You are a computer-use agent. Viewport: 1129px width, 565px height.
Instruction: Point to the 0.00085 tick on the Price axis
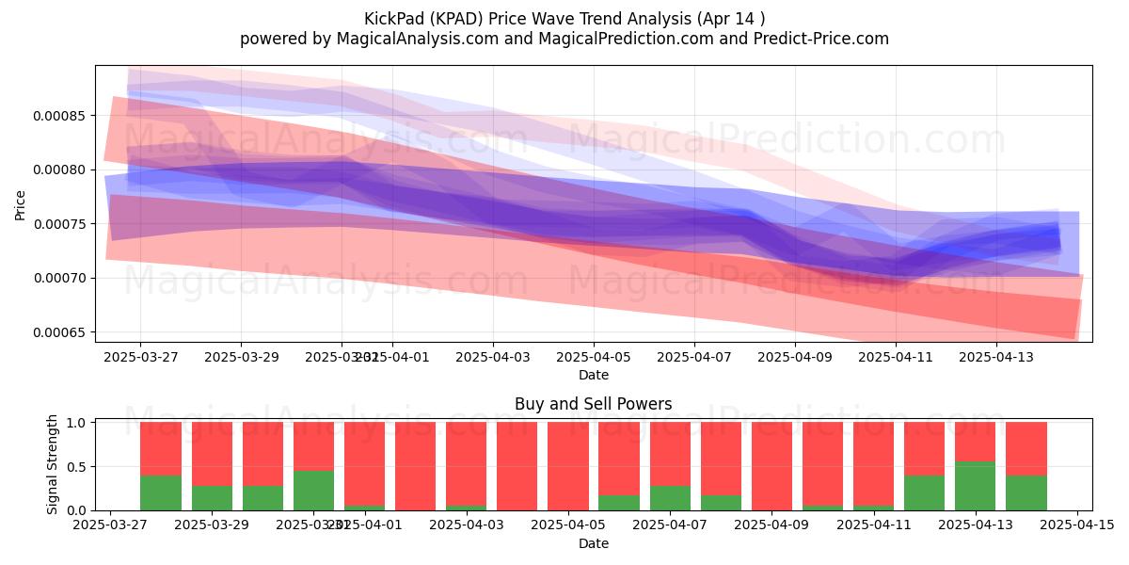pyautogui.click(x=58, y=116)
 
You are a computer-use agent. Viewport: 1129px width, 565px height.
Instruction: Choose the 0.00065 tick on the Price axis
pyautogui.click(x=58, y=332)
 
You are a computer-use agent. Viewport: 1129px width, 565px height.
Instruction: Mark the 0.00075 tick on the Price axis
pyautogui.click(x=58, y=224)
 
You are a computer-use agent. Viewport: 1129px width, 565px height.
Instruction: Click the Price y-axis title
pyautogui.click(x=21, y=203)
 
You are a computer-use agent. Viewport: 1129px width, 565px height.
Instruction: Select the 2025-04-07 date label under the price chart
pyautogui.click(x=693, y=358)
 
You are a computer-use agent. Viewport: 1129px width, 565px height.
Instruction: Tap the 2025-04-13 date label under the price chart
pyautogui.click(x=996, y=358)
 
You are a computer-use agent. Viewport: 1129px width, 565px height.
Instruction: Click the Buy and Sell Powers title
pyautogui.click(x=593, y=404)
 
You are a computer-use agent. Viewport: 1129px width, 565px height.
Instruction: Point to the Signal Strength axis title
pyautogui.click(x=53, y=465)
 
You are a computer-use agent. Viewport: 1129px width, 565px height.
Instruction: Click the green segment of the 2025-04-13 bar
pyautogui.click(x=976, y=486)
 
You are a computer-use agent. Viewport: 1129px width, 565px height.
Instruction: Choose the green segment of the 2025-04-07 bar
pyautogui.click(x=670, y=498)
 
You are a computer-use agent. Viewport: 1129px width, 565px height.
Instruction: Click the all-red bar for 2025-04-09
pyautogui.click(x=771, y=466)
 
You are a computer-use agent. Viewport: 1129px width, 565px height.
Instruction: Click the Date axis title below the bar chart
pyautogui.click(x=593, y=543)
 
